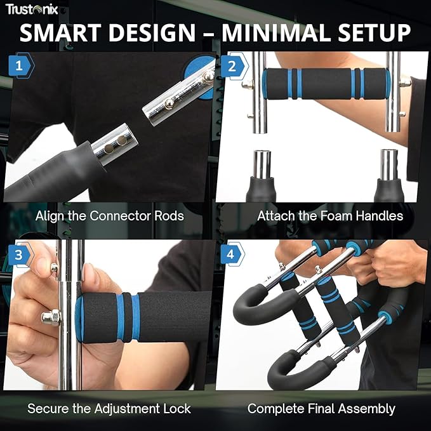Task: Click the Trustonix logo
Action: click(x=32, y=9)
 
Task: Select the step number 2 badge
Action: click(x=234, y=66)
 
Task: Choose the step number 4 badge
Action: click(x=232, y=255)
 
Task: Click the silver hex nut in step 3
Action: click(x=51, y=317)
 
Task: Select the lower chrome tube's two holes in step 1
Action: click(x=116, y=145)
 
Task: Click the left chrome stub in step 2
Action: click(x=262, y=165)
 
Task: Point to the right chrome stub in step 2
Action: click(x=389, y=165)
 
